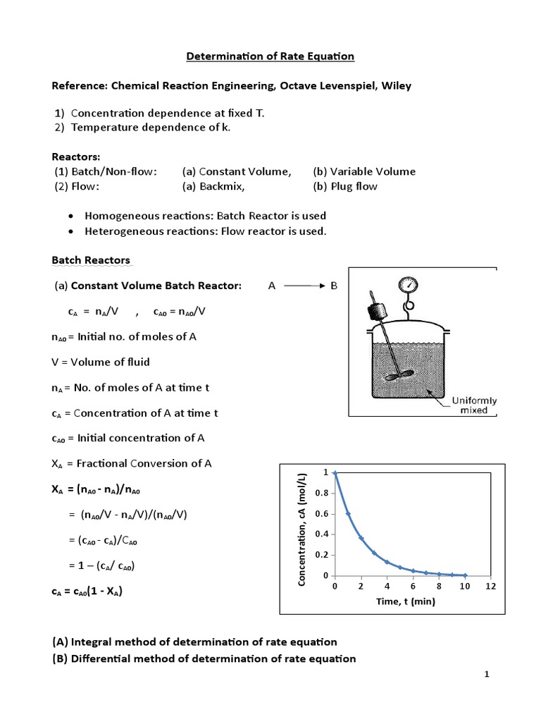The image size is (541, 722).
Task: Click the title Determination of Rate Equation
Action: [270, 56]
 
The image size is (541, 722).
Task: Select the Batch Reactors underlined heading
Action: [91, 260]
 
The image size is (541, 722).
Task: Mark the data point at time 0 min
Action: [335, 473]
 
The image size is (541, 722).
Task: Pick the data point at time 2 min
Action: [361, 538]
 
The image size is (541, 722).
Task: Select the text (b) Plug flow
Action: [345, 186]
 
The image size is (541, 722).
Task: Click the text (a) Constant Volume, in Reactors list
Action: [236, 171]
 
